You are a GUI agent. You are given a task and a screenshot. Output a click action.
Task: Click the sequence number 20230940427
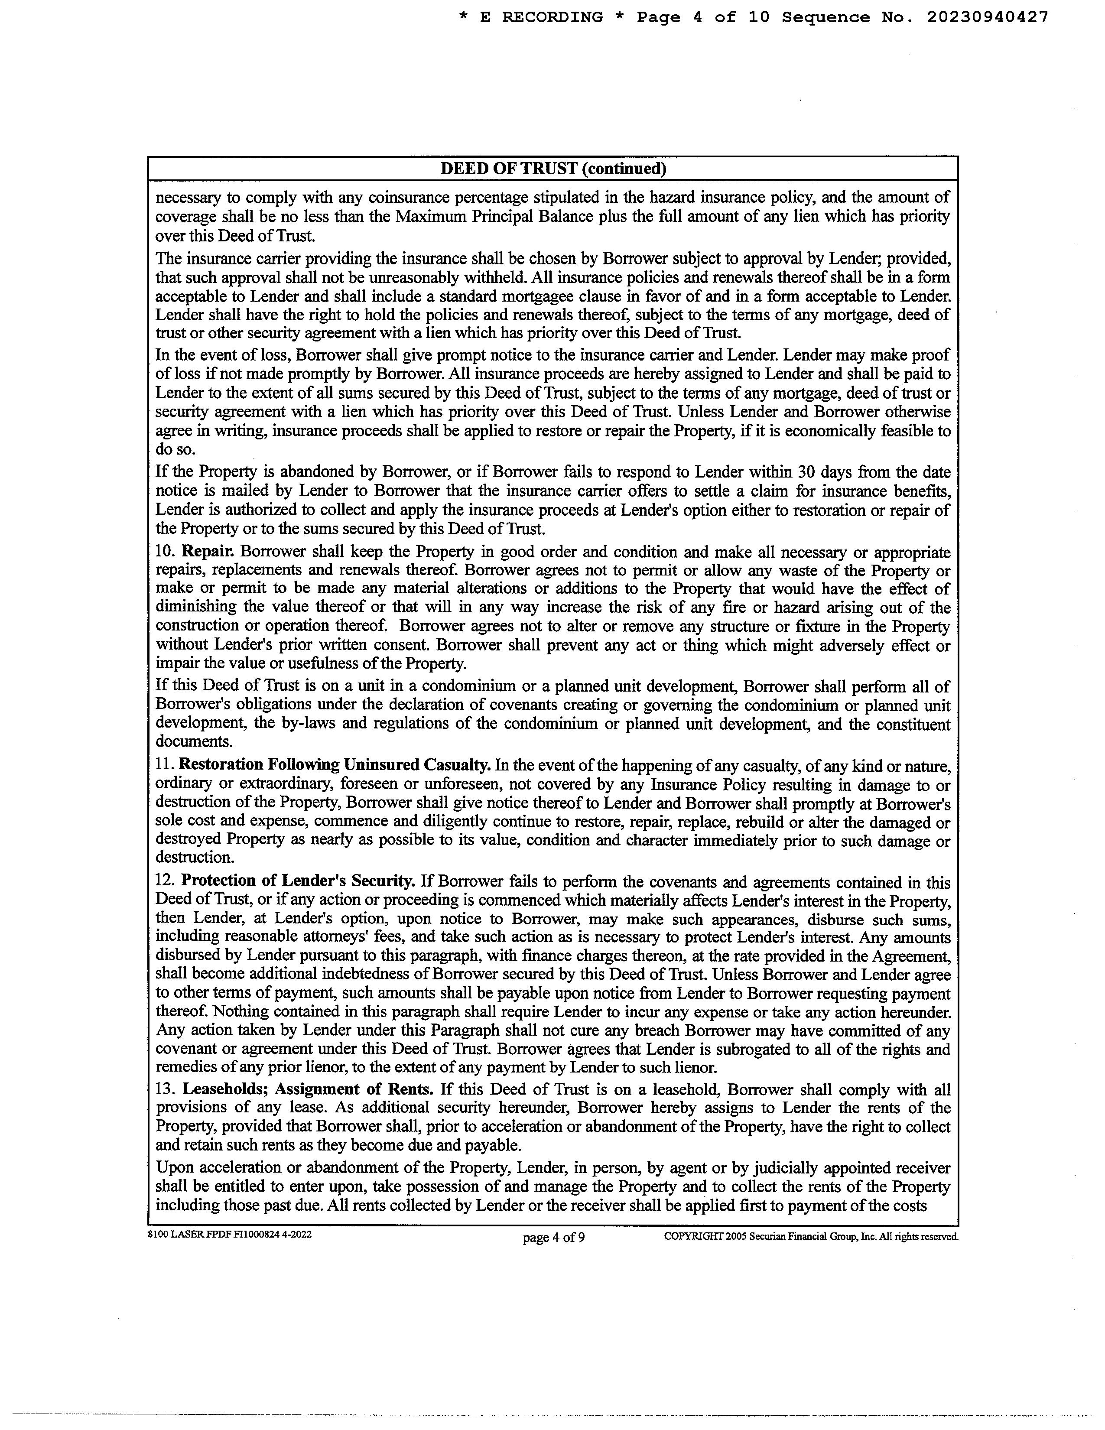987,18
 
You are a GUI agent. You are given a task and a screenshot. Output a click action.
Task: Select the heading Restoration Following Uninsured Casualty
335,765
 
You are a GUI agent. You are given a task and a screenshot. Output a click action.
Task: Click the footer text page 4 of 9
553,1238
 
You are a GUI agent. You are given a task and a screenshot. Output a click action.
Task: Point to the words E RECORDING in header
541,18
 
